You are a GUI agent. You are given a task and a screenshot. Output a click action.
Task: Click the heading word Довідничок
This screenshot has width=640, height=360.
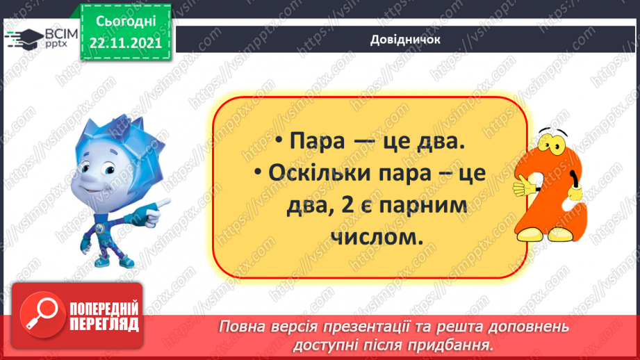[x=405, y=39]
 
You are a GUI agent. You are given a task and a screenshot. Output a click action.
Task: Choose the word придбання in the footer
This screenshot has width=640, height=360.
[x=456, y=343]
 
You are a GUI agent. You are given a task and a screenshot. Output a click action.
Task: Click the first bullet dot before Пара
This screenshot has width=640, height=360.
[x=277, y=142]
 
